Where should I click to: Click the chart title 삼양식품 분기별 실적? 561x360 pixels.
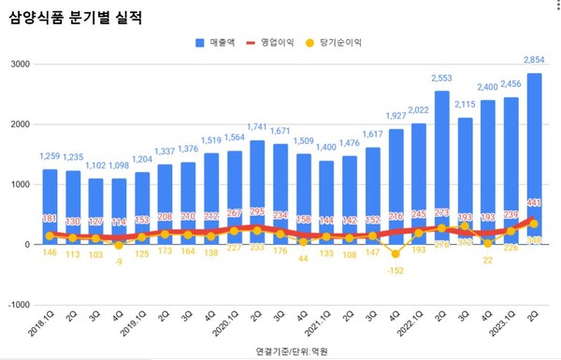click(76, 18)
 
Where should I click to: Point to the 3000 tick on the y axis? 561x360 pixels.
click(19, 65)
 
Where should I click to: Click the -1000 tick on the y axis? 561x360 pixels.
click(17, 305)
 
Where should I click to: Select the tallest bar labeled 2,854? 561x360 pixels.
click(534, 159)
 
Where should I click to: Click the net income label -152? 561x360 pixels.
click(396, 271)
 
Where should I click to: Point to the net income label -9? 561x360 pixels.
click(118, 264)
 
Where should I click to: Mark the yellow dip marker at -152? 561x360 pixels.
click(396, 253)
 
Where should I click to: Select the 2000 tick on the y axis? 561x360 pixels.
click(19, 124)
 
